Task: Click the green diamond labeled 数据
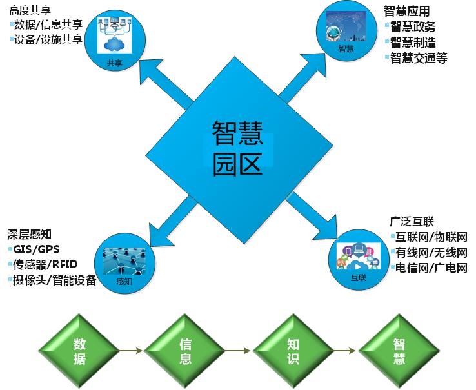point(78,351)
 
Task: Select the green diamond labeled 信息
point(184,351)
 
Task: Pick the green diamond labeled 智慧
point(399,351)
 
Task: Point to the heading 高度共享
point(30,11)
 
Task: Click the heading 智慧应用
point(406,11)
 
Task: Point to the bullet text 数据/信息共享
point(48,25)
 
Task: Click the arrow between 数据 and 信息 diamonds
point(132,351)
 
